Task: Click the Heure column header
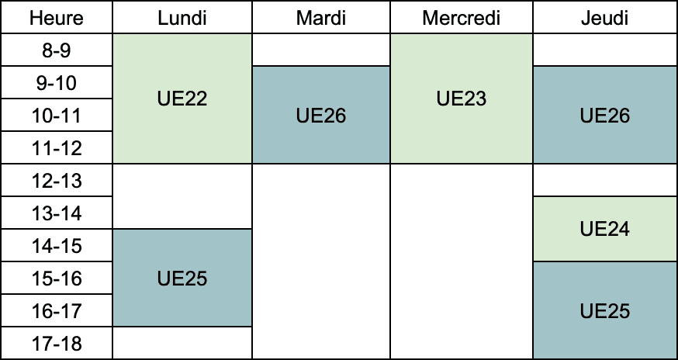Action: coord(57,18)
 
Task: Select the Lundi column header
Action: coord(182,18)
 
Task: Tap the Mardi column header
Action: coord(321,18)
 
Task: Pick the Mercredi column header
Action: coord(462,18)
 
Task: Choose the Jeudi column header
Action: coord(605,18)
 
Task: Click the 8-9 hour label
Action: coord(57,50)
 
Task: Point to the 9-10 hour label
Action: coord(57,83)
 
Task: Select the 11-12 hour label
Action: coord(57,148)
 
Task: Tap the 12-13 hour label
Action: coord(57,181)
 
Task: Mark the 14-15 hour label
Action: coord(57,246)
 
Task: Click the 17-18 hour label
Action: coord(57,344)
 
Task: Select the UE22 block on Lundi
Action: coord(182,99)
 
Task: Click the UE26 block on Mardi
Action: coord(321,115)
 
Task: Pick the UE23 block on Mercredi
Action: coord(462,99)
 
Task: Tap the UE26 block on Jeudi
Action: coord(605,115)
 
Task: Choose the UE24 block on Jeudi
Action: coord(605,229)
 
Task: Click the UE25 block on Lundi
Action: coord(182,279)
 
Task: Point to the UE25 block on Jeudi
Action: coord(605,310)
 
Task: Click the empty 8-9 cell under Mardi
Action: coord(321,50)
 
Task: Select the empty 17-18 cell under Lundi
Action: coord(182,343)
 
